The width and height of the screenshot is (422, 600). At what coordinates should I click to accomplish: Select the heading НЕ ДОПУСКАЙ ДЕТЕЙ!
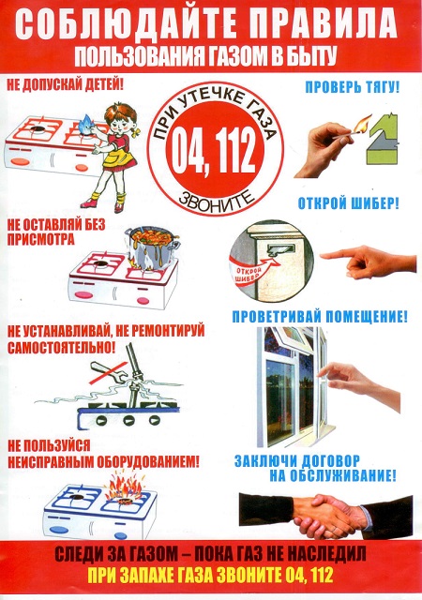[67, 85]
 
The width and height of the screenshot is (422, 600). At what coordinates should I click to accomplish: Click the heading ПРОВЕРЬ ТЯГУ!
[353, 87]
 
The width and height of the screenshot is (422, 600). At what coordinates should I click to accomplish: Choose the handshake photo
[324, 514]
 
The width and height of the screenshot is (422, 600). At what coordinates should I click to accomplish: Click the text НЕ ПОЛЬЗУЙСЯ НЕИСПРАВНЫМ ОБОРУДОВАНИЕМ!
[103, 453]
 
